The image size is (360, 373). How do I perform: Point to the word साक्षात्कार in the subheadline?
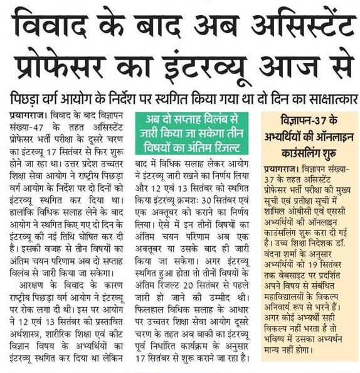[322, 99]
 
